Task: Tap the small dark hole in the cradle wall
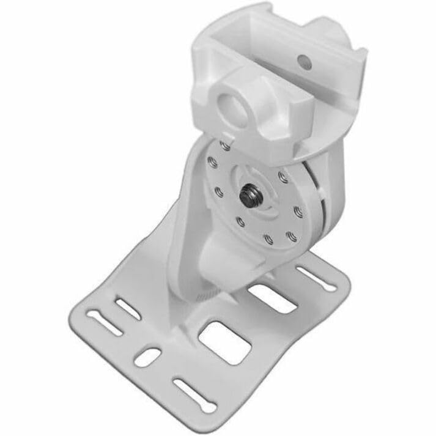click(300, 61)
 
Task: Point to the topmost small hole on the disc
click(226, 146)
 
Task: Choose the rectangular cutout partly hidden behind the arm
click(272, 298)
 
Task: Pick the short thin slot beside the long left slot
click(128, 309)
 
